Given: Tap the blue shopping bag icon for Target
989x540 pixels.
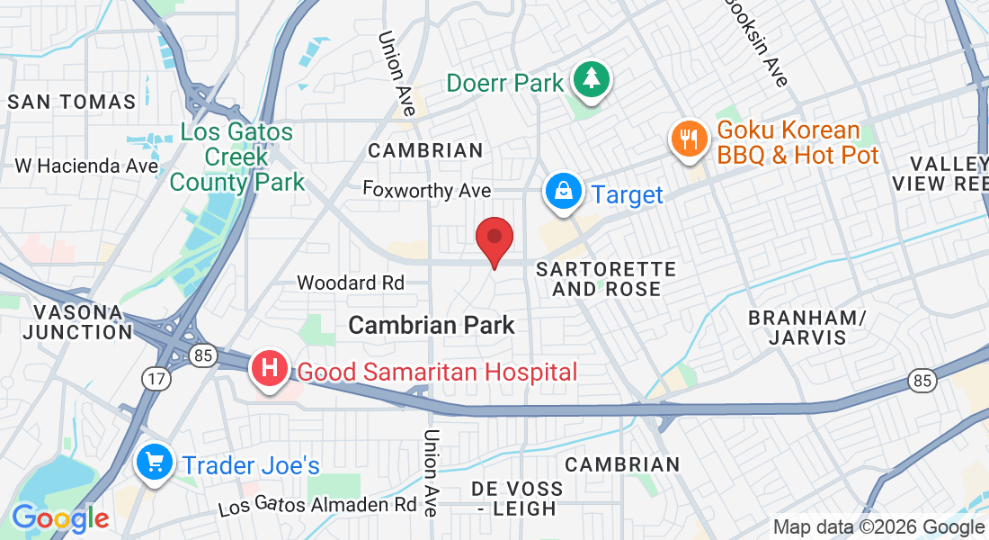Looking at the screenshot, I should click(x=563, y=193).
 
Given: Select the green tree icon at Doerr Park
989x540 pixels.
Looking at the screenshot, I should click(x=591, y=81).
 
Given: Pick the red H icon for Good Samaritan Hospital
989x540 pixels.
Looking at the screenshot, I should click(x=270, y=370).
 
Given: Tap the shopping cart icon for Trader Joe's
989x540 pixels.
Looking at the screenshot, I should click(x=154, y=463).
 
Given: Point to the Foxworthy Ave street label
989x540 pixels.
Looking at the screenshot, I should click(x=427, y=190).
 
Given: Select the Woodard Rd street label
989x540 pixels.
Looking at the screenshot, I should click(x=351, y=283).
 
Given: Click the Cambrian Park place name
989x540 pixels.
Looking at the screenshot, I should click(x=432, y=325).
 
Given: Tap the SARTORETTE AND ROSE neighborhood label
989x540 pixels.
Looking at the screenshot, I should click(x=605, y=279).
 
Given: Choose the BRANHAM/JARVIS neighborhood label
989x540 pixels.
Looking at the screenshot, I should click(x=807, y=328).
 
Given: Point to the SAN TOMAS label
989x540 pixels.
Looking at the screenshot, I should click(x=72, y=102).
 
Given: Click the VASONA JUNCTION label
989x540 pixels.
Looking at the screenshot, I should click(x=77, y=322).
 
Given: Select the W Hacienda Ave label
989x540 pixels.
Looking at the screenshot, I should click(x=87, y=166).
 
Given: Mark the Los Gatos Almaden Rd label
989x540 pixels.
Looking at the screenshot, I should click(x=316, y=505).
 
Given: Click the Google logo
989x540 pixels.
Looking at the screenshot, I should click(x=60, y=518).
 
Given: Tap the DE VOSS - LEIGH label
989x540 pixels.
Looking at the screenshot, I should click(x=517, y=499).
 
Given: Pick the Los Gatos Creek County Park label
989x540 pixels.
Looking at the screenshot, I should click(x=236, y=157).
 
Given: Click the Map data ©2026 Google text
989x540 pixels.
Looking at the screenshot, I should click(x=879, y=527).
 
